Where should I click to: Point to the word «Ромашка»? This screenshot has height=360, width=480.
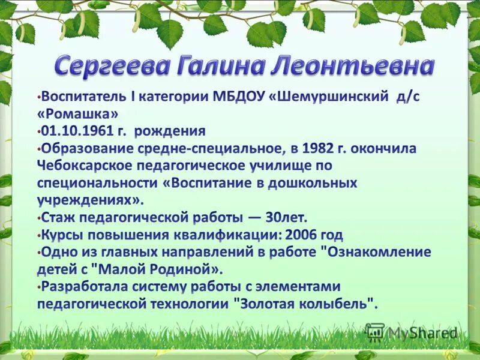click(77, 114)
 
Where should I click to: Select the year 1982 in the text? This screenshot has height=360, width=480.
click(319, 148)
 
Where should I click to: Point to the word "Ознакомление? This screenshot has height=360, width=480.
click(377, 251)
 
